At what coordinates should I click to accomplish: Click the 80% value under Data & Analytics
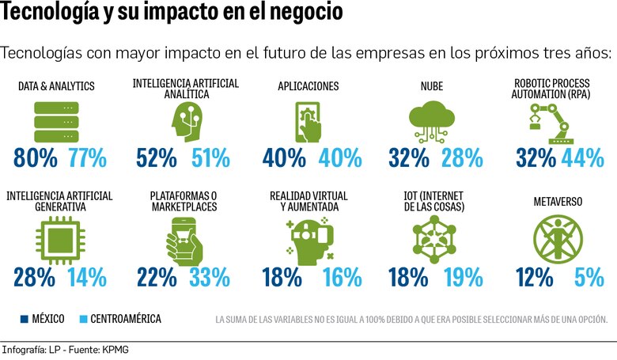point(36,157)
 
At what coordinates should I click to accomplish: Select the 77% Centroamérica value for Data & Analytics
point(87,157)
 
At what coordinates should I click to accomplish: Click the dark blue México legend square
point(25,319)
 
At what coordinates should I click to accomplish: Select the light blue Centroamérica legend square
point(82,319)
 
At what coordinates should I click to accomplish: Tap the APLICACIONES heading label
point(308,86)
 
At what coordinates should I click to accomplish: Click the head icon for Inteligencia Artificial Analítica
point(184,120)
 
